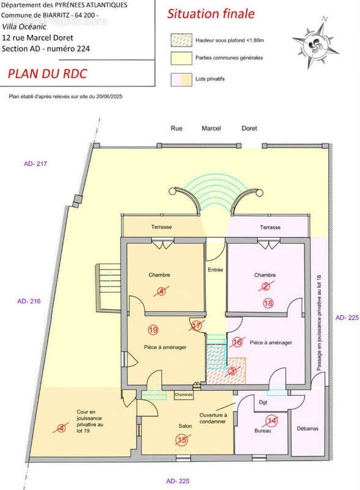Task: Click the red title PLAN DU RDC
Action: click(x=47, y=74)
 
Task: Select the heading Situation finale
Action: click(x=211, y=13)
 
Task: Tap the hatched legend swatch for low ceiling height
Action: click(x=180, y=40)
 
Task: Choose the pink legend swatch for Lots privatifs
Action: click(x=180, y=79)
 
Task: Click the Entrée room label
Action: click(x=216, y=269)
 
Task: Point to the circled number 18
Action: click(x=268, y=303)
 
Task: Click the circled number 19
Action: click(x=152, y=330)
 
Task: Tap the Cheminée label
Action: click(x=184, y=395)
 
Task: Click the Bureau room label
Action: click(x=263, y=431)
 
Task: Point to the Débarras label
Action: click(x=307, y=429)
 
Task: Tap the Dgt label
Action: click(x=263, y=402)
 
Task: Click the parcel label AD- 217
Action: click(x=36, y=164)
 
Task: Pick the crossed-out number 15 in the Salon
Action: click(x=181, y=439)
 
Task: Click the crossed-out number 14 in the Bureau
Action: click(x=272, y=420)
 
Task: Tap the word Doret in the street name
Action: click(x=249, y=129)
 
